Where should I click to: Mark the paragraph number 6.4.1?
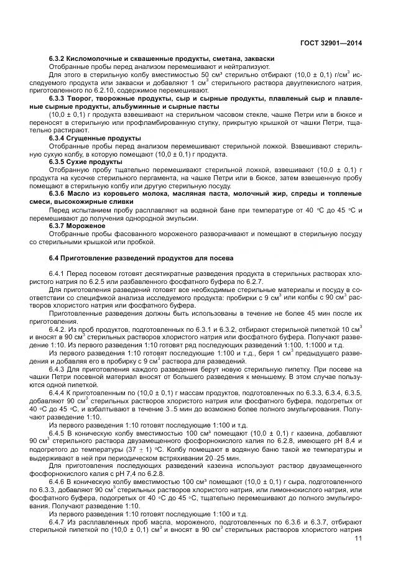click(x=58, y=274)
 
